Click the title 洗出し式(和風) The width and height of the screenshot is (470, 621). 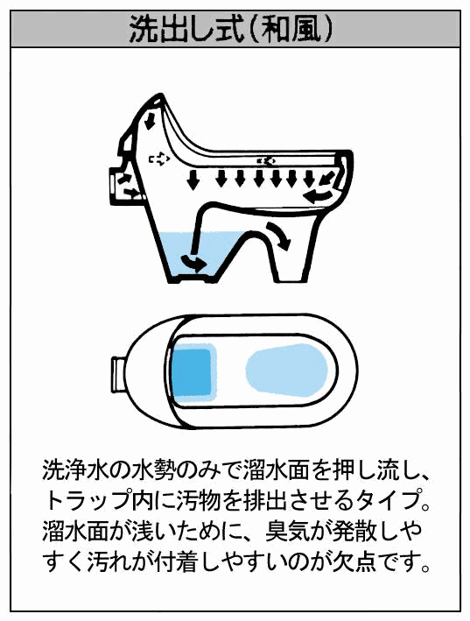pos(231,29)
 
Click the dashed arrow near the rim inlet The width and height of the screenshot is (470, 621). pos(159,159)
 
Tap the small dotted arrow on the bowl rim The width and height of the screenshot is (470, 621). pos(266,160)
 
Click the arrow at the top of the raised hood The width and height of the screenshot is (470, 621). pos(150,120)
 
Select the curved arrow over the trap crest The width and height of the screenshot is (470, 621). pos(279,236)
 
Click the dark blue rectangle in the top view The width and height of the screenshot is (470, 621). pos(192,372)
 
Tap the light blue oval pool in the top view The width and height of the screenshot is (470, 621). pos(287,370)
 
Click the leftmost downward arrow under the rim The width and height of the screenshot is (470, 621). pos(193,180)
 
